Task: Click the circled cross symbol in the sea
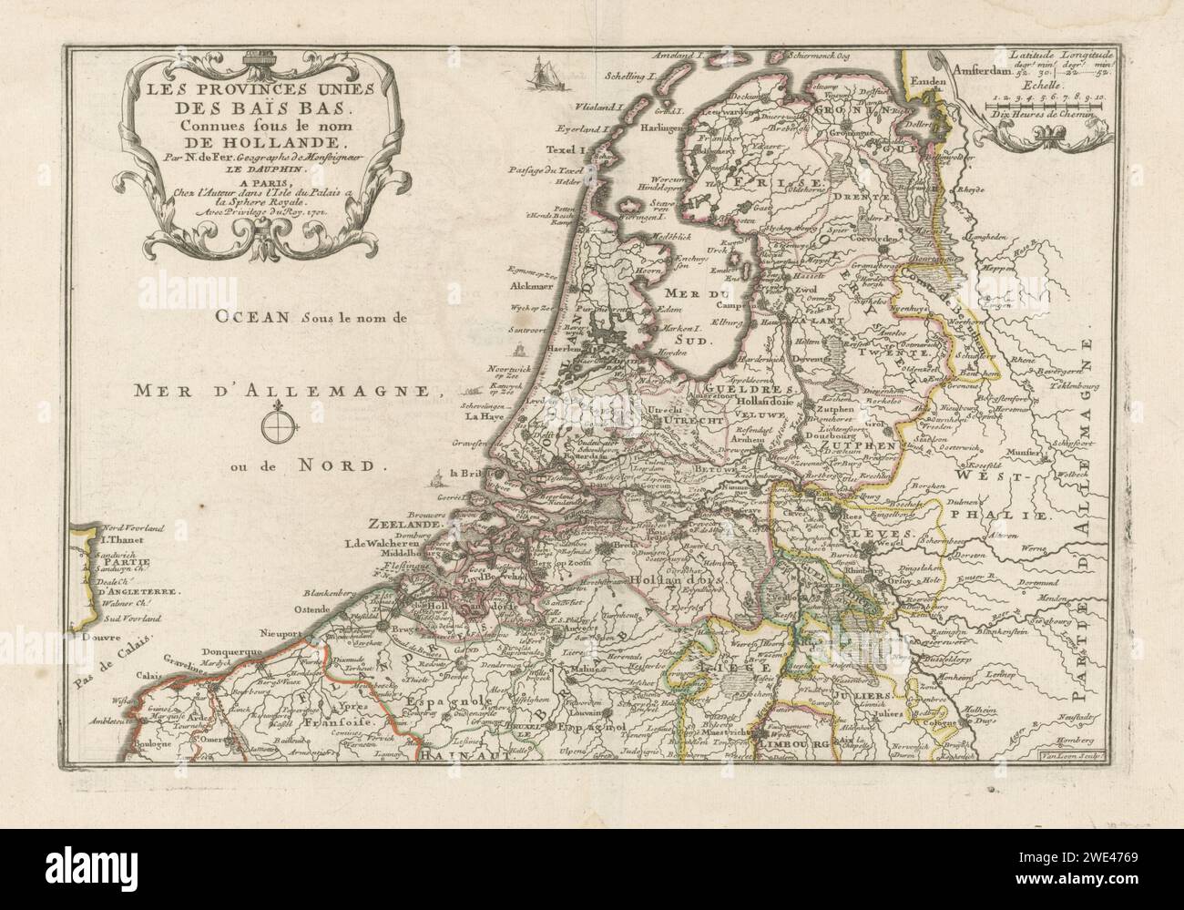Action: point(280,425)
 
